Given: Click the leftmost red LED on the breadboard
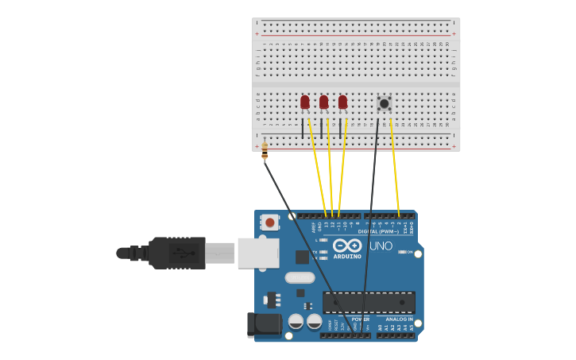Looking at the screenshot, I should click(x=305, y=102).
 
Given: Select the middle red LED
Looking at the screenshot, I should click(x=323, y=102).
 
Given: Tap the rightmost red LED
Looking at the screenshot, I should click(x=342, y=102).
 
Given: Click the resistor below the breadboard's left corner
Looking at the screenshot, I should click(x=265, y=149).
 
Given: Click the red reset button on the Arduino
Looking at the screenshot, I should click(x=270, y=223).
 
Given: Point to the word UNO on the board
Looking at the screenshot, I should click(x=381, y=246).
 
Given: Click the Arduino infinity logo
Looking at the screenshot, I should click(x=347, y=246).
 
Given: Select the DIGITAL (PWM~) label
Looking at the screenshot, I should click(x=378, y=231).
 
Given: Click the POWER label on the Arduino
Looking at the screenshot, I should click(x=360, y=319).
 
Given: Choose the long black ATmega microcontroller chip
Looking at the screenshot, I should click(x=369, y=303).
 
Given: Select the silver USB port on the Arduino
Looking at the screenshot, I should click(x=258, y=253).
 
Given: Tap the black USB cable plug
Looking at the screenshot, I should click(x=177, y=253).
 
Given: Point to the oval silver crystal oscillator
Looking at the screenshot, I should click(x=300, y=278).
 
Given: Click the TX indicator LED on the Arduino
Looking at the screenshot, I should click(x=323, y=252).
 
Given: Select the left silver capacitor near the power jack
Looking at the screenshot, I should click(x=296, y=321).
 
